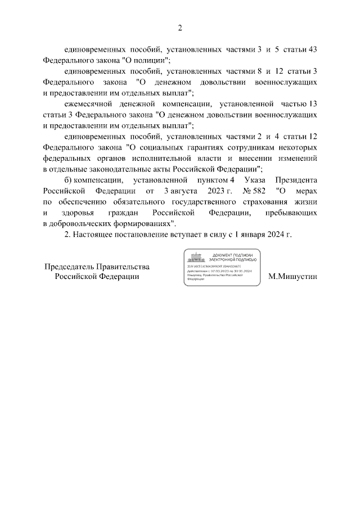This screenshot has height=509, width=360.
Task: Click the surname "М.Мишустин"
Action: [x=293, y=277]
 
